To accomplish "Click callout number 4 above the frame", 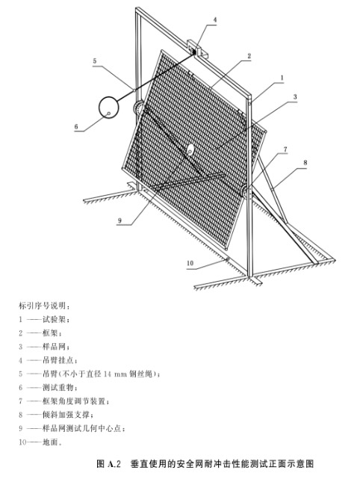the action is click(x=215, y=20).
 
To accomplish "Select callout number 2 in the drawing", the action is click(x=249, y=56).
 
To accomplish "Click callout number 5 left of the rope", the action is click(x=95, y=61).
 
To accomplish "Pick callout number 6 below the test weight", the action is click(x=76, y=126).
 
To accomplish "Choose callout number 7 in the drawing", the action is click(x=285, y=149).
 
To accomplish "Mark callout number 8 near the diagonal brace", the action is click(x=305, y=163).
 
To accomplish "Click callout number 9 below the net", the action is click(x=120, y=220).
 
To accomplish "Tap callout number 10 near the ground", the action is click(x=190, y=263).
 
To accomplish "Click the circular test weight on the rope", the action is click(x=108, y=107).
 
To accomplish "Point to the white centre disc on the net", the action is click(x=190, y=149).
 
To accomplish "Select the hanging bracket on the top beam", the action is click(x=197, y=49).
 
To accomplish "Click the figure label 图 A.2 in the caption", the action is click(x=109, y=463).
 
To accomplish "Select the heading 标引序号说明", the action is click(x=42, y=306).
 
